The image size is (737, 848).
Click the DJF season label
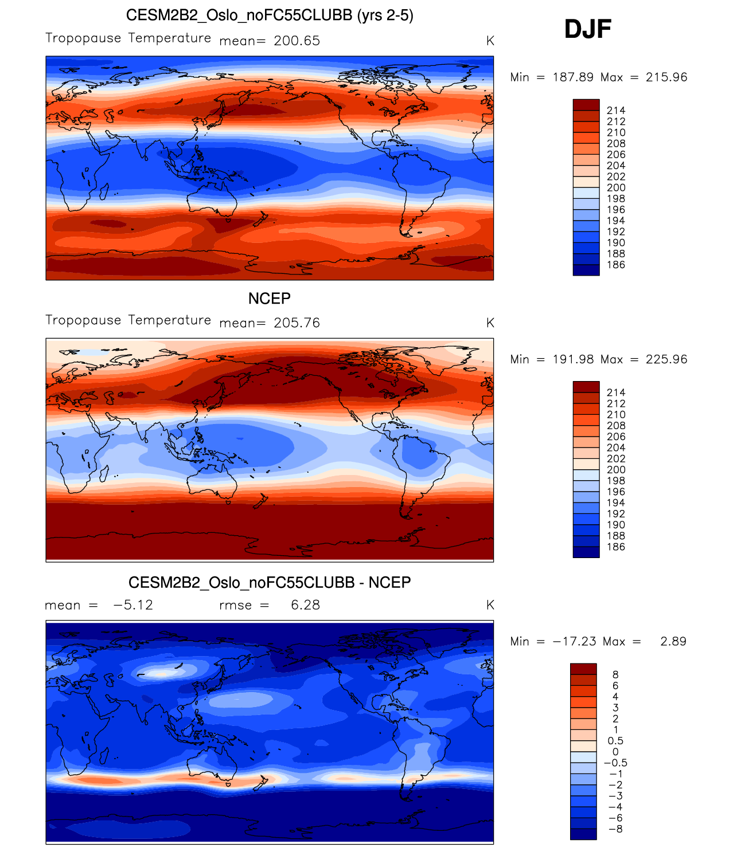click(x=588, y=29)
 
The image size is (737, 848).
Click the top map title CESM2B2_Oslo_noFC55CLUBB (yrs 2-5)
click(x=270, y=15)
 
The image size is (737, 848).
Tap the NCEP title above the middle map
click(x=270, y=299)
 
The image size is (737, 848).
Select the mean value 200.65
click(x=297, y=41)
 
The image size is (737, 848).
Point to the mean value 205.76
click(x=297, y=323)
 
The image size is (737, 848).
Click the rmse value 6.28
click(x=305, y=605)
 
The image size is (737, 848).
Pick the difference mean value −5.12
click(x=133, y=605)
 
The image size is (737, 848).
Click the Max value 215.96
click(x=666, y=77)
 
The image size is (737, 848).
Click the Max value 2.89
click(x=673, y=641)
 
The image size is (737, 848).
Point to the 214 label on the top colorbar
click(x=616, y=111)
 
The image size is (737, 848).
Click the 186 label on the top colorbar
click(x=616, y=265)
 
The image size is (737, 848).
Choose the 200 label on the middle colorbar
click(x=616, y=470)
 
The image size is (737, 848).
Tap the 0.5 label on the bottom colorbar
click(x=615, y=741)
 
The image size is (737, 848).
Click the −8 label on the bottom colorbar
click(x=615, y=829)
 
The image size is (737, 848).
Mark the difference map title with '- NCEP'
click(x=270, y=583)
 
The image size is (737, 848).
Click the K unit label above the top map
click(x=490, y=41)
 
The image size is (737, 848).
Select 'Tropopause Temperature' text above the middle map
click(x=128, y=320)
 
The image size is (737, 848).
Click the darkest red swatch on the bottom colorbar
click(x=583, y=669)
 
